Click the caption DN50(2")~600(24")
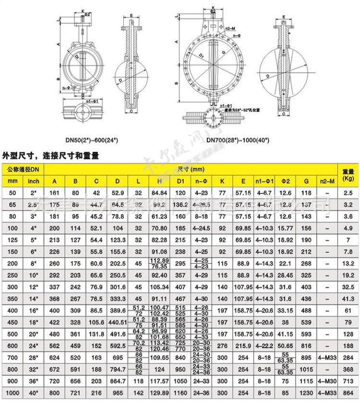coord(92,140)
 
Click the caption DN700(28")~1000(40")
coord(238,140)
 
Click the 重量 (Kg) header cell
coord(348,175)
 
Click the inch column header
coord(33,181)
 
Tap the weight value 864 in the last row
coord(348,393)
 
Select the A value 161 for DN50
coord(55,192)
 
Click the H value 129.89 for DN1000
coord(157,393)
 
